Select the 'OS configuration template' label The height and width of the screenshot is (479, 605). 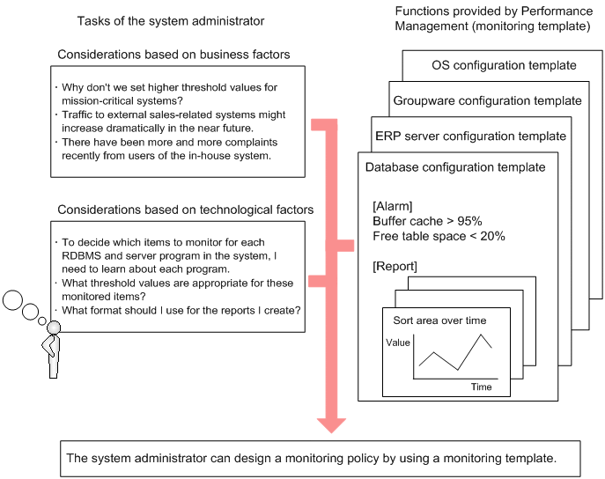(505, 65)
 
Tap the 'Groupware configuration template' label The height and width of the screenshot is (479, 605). (487, 100)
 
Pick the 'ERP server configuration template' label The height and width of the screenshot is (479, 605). (470, 136)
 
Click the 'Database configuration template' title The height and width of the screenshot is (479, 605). (454, 166)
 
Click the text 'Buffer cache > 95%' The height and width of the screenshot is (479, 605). (427, 221)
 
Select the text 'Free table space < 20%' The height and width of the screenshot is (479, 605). (439, 236)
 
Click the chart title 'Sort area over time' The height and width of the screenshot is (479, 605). (439, 320)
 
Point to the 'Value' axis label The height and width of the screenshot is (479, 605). (398, 343)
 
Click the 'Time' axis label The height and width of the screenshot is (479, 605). (481, 387)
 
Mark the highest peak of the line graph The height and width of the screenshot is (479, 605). (482, 335)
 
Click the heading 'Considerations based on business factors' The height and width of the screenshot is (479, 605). (173, 55)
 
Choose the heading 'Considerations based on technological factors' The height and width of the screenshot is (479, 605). (185, 210)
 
